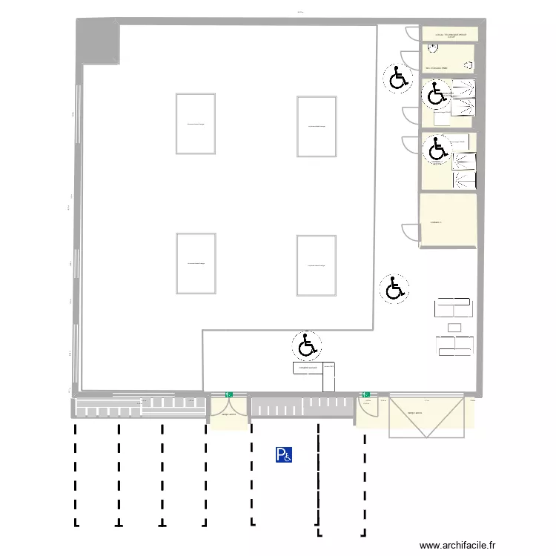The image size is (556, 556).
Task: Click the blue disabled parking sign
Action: pyautogui.click(x=283, y=454)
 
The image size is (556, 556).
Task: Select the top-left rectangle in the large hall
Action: pyautogui.click(x=195, y=124)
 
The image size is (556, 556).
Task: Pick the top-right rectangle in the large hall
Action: pyautogui.click(x=317, y=126)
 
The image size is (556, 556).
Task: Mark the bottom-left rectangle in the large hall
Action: pyautogui.click(x=196, y=262)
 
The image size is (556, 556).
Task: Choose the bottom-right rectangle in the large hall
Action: pyautogui.click(x=317, y=265)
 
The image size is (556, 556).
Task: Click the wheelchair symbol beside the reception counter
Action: pyautogui.click(x=306, y=345)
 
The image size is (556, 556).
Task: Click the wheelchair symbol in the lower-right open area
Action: pyautogui.click(x=394, y=288)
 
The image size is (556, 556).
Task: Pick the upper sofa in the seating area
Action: pyautogui.click(x=453, y=307)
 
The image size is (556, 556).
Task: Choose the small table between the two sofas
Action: pyautogui.click(x=454, y=327)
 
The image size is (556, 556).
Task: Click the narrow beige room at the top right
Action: pyautogui.click(x=449, y=34)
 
